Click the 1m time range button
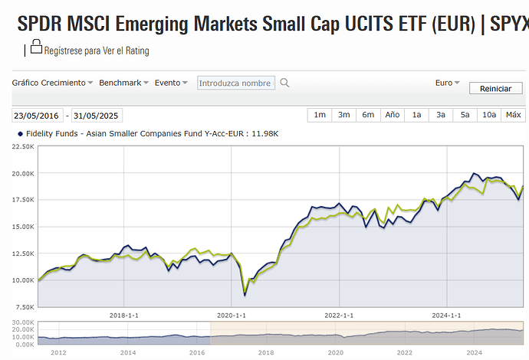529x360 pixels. [x=320, y=115]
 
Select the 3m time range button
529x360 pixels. [x=343, y=115]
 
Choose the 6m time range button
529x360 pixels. [x=368, y=115]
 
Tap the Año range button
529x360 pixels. [x=392, y=115]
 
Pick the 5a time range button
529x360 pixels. [x=465, y=115]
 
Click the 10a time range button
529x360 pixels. [x=488, y=115]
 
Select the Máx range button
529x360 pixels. [x=513, y=115]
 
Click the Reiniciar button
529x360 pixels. [x=495, y=88]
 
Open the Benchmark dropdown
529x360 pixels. [x=123, y=83]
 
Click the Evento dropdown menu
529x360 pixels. [x=172, y=83]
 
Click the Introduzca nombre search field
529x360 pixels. [x=235, y=83]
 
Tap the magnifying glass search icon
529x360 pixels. [x=284, y=83]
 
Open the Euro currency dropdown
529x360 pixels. [x=447, y=83]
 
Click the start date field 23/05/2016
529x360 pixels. [x=36, y=116]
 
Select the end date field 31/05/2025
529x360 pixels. [x=96, y=116]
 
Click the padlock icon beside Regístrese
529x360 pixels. [x=36, y=48]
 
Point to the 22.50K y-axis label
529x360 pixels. [x=22, y=147]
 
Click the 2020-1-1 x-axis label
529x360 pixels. [x=231, y=315]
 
